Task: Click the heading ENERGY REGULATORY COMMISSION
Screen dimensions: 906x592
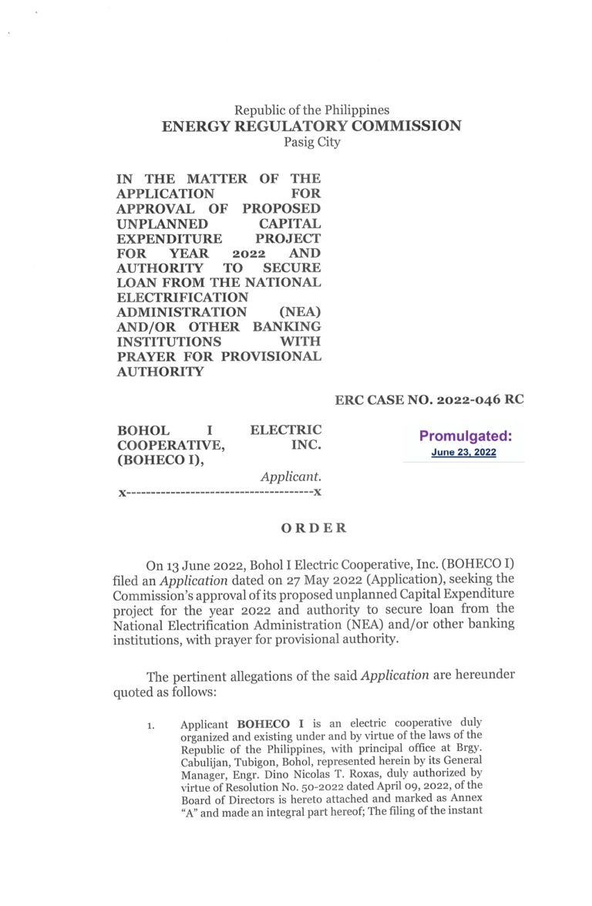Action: click(311, 126)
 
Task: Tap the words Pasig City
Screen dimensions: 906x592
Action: click(311, 143)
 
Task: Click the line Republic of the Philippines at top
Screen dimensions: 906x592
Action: click(311, 110)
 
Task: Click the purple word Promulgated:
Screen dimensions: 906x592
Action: click(465, 436)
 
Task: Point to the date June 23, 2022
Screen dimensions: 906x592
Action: click(463, 453)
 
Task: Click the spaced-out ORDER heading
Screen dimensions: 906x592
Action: click(313, 528)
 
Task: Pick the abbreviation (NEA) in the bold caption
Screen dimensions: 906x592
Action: click(300, 312)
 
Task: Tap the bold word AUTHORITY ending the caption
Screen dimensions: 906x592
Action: click(160, 372)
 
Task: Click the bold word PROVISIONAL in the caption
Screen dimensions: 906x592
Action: click(271, 357)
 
